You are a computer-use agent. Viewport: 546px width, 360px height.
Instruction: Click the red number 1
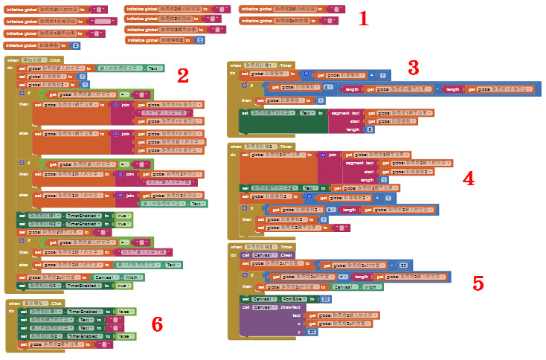[363, 19]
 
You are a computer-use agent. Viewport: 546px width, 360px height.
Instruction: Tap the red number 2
[183, 75]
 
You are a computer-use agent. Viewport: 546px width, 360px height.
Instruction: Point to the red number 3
[414, 68]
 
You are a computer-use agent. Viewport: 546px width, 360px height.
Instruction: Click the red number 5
[478, 283]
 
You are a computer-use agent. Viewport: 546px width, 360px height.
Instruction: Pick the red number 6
[157, 324]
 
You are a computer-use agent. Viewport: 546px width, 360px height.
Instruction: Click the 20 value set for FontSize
[325, 298]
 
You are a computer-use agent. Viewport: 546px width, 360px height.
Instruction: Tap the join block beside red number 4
[331, 155]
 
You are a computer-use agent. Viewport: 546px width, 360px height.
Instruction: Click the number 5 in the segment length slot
[370, 129]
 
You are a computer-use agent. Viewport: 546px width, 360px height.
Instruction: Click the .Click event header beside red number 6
[53, 303]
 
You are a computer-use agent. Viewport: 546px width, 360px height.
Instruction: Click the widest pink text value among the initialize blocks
[104, 22]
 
